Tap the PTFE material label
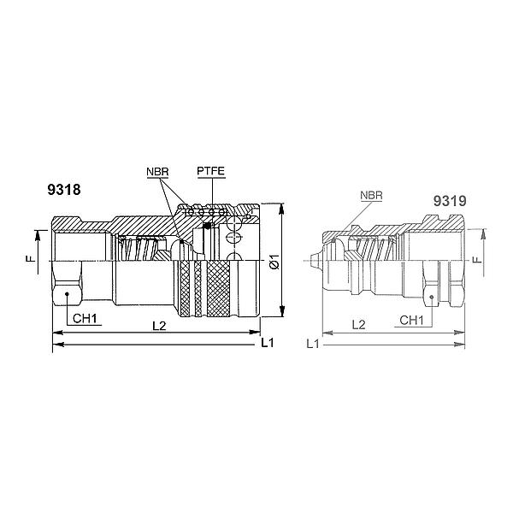[x=209, y=172]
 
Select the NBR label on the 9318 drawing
[x=157, y=172]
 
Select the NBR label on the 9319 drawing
[x=371, y=195]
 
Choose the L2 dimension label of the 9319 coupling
[x=360, y=326]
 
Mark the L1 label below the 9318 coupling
[x=267, y=343]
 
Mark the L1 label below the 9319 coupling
[x=313, y=343]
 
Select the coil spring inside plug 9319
[x=376, y=249]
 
